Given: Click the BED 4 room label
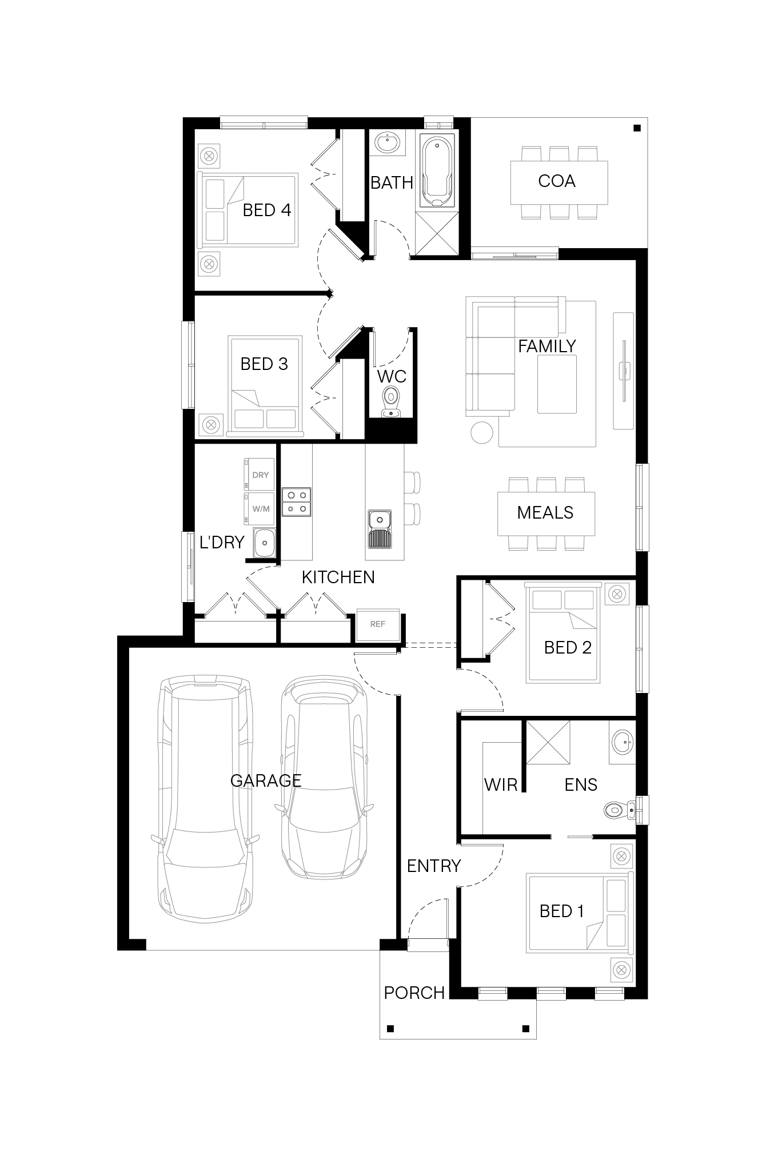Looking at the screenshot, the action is pyautogui.click(x=267, y=210).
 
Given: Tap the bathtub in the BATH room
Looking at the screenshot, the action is pyautogui.click(x=437, y=171).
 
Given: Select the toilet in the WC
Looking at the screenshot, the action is pyautogui.click(x=391, y=400).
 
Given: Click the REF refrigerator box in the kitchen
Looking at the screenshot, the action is pyautogui.click(x=377, y=624).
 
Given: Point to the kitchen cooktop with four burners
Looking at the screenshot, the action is pyautogui.click(x=297, y=501).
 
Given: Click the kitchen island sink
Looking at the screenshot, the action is pyautogui.click(x=380, y=529).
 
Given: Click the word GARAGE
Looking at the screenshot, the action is pyautogui.click(x=266, y=780).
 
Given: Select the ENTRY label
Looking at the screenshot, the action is pyautogui.click(x=434, y=866).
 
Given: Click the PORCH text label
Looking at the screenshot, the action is pyautogui.click(x=414, y=993).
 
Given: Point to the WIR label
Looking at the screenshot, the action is pyautogui.click(x=501, y=784).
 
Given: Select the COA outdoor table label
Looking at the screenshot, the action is pyautogui.click(x=557, y=181).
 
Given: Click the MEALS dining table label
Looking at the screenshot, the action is pyautogui.click(x=545, y=512).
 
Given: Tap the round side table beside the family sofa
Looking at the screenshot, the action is pyautogui.click(x=482, y=432).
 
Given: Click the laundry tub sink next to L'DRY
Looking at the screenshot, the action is pyautogui.click(x=264, y=543).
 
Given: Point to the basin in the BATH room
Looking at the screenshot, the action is pyautogui.click(x=387, y=142).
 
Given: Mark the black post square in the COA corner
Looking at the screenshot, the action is pyautogui.click(x=637, y=128).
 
